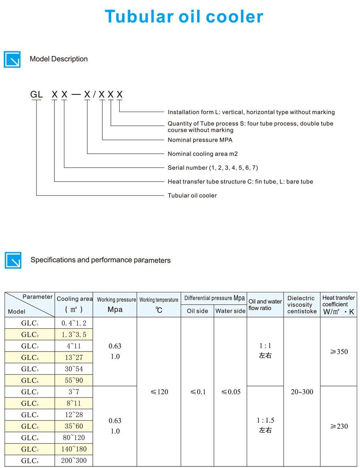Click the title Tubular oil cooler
coord(184,16)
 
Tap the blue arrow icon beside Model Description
coord(12,59)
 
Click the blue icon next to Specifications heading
coord(13,260)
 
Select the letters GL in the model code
coord(36,95)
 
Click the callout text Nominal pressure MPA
coord(200,140)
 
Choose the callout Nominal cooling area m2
coord(203,154)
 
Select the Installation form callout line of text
coord(251,112)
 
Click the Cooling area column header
coord(74,299)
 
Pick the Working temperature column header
coord(159,300)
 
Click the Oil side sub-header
coord(198,311)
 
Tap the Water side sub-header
coord(230,311)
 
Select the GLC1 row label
coord(30,323)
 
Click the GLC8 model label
coord(30,461)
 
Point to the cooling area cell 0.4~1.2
coord(74,323)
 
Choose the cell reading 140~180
coord(74,449)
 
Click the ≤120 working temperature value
coord(159,392)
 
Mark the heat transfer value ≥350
coord(339,352)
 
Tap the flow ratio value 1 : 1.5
coord(265,420)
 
